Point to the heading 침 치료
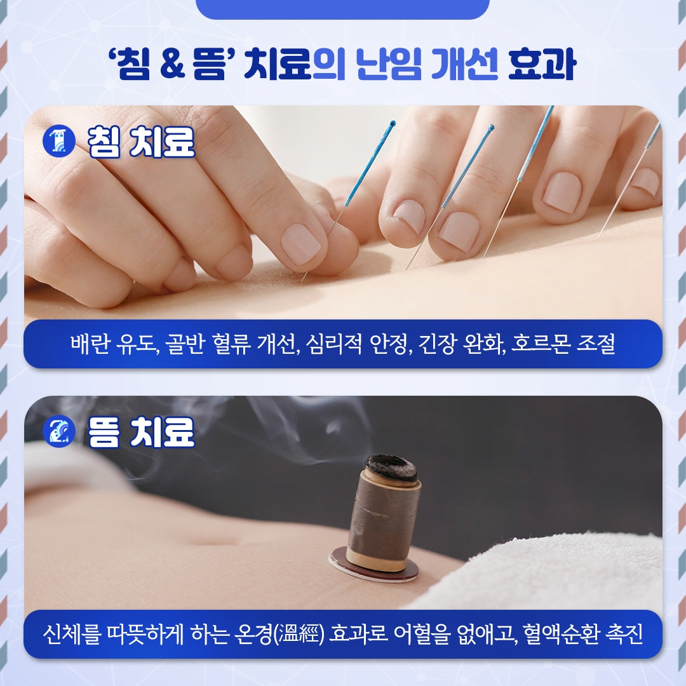pos(141,141)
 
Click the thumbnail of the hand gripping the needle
pos(300,243)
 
